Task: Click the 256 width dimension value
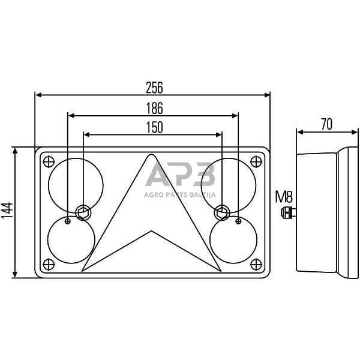[x=154, y=87]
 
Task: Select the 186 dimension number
[x=154, y=108]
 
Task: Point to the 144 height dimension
[x=7, y=213]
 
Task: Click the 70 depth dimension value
[x=326, y=124]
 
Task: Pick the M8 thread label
[x=284, y=196]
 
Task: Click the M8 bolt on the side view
[x=289, y=211]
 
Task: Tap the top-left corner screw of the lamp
[x=48, y=161]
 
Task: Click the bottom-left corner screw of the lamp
[x=48, y=264]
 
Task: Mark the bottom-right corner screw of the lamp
[x=258, y=264]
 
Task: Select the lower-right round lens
[x=234, y=240]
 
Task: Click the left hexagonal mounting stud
[x=83, y=211]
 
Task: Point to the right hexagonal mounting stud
[x=222, y=211]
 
